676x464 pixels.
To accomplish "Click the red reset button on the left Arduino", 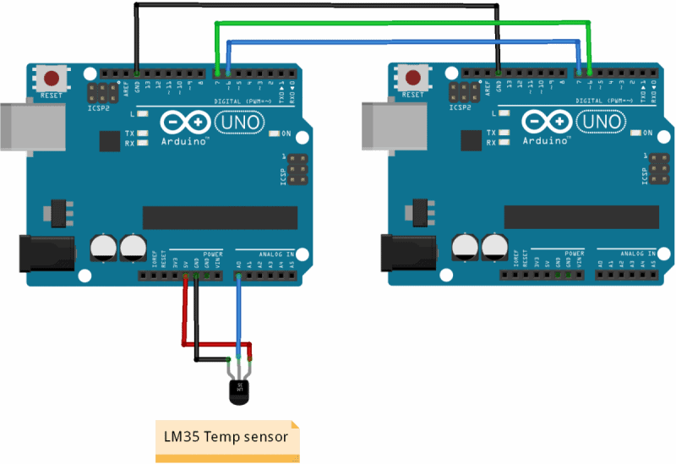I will click(x=52, y=79).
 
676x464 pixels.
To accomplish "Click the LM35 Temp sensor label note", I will click(x=226, y=438).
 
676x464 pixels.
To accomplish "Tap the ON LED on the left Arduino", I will click(x=274, y=134).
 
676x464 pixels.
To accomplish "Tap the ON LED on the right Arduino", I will click(x=635, y=134).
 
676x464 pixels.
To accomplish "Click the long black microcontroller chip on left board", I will click(x=220, y=217).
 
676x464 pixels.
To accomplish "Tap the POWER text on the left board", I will click(x=212, y=254).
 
